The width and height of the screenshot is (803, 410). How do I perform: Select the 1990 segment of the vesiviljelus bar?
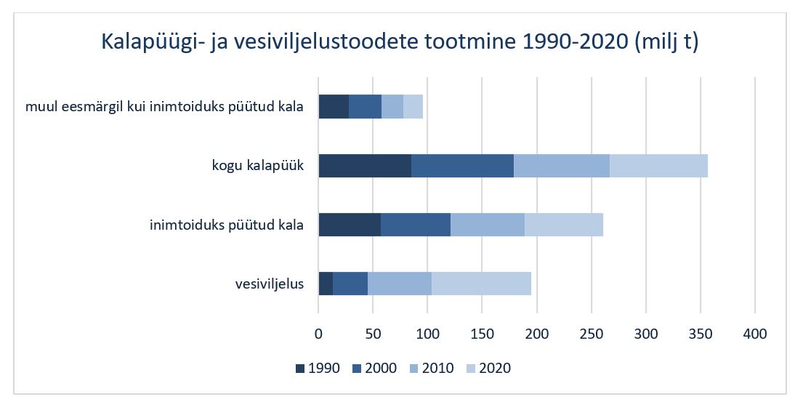pos(326,284)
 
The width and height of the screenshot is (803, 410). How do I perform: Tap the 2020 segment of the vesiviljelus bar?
pos(481,284)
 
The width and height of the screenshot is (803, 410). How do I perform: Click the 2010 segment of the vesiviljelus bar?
pos(400,284)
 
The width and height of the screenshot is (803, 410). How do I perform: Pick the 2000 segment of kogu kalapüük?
pos(462,166)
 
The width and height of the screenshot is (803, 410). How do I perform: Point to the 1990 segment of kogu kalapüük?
pos(365,166)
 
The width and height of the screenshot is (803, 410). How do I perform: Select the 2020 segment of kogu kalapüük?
pos(658,166)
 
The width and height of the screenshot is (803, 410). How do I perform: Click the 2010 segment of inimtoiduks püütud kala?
pos(488,225)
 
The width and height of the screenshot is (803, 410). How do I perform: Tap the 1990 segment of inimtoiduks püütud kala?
pos(350,225)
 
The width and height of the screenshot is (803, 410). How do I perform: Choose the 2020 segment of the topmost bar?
pos(413,107)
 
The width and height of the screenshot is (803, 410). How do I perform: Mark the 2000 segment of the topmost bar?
pos(365,107)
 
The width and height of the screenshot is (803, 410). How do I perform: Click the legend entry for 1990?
pos(318,368)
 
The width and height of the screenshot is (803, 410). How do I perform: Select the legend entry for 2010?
pos(432,368)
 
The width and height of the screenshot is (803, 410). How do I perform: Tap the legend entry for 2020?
pos(488,368)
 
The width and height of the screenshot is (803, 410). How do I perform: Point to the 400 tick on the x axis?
pos(755,334)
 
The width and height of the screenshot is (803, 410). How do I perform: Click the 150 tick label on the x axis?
pos(483,334)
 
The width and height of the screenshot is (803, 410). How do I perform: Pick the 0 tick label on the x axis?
pos(318,334)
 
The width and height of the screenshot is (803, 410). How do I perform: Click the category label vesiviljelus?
pos(270,284)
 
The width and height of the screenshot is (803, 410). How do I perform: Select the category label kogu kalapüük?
pos(258,166)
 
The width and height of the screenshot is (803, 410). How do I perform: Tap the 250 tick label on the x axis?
pos(592,334)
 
